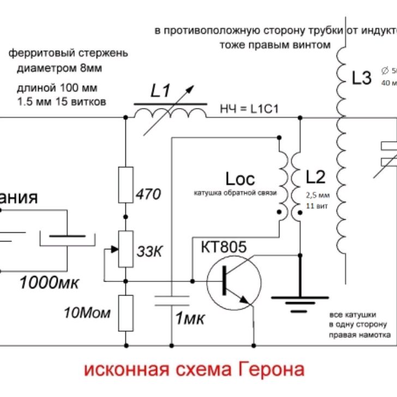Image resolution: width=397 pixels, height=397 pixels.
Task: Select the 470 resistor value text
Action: [148, 194]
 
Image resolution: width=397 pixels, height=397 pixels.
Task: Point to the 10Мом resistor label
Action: [87, 312]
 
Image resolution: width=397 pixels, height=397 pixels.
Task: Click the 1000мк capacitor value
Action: [49, 282]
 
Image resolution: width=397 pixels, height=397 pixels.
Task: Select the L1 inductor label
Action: [161, 92]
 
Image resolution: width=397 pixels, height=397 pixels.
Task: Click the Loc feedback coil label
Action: [240, 178]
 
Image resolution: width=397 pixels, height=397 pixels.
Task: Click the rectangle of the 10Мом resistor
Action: [126, 313]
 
